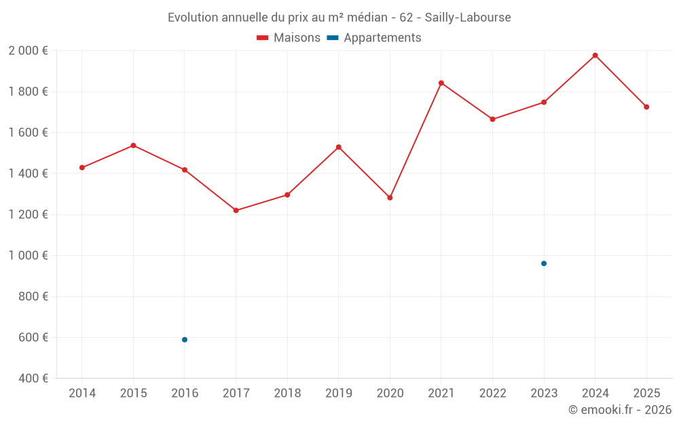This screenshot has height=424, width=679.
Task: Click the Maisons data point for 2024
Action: (x=595, y=56)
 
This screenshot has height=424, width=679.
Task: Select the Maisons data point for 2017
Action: (x=236, y=210)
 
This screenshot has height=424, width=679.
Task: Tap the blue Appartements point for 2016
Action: (x=185, y=340)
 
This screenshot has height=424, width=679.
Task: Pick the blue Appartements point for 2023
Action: (x=544, y=263)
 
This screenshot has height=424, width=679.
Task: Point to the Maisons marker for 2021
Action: (x=441, y=83)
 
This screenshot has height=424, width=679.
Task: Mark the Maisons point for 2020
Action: (x=390, y=197)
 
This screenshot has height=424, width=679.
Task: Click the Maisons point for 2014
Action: (x=82, y=168)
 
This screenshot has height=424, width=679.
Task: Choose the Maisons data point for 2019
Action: (x=339, y=147)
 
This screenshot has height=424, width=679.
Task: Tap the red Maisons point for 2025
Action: (x=646, y=107)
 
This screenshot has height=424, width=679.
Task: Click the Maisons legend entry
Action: (x=289, y=38)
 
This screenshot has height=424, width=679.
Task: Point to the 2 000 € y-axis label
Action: (x=28, y=51)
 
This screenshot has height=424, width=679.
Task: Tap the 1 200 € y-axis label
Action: (x=28, y=214)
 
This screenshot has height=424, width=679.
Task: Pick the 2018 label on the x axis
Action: (x=287, y=393)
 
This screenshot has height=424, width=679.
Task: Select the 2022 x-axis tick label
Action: (x=492, y=393)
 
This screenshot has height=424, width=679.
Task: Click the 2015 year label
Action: (x=133, y=393)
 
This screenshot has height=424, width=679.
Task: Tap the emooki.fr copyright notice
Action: (x=619, y=410)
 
